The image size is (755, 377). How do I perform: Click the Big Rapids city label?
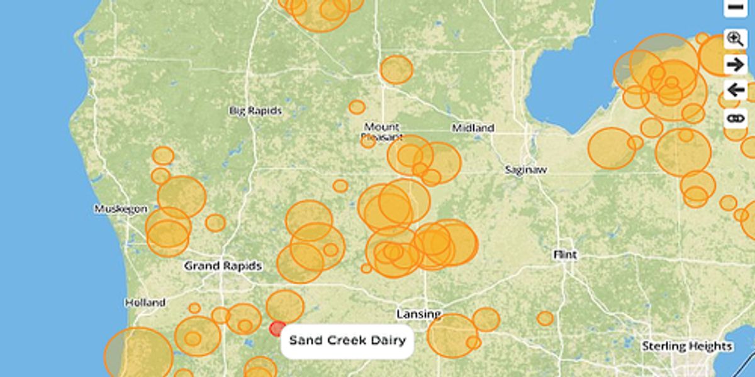coord(255,111)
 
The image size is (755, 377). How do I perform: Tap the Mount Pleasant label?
coord(382,131)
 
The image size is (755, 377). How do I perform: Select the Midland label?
coord(473,128)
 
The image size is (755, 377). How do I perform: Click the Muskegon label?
coord(121,209)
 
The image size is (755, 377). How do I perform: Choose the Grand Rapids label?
coord(223,266)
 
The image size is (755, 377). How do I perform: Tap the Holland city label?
coord(145,302)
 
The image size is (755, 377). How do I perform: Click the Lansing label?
coord(418,314)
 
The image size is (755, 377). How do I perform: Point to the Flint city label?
coord(565,255)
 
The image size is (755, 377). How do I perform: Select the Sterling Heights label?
coord(687,346)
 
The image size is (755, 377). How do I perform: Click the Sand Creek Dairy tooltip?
coord(347,341)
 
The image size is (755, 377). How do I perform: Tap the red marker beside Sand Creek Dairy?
coord(277,329)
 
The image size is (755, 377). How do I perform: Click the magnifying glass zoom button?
coord(735,38)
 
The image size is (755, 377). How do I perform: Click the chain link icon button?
coord(735,117)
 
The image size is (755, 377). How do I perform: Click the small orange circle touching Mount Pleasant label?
coord(368,141)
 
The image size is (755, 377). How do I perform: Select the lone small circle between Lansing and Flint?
coord(545,319)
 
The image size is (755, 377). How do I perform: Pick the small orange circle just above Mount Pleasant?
coord(357,107)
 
